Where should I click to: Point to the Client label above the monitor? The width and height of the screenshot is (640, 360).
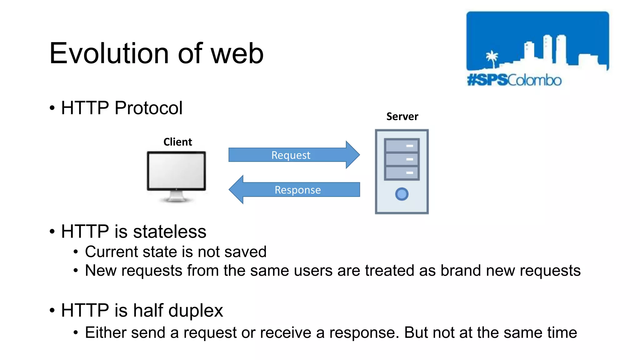pyautogui.click(x=177, y=142)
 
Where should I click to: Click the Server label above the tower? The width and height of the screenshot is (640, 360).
pyautogui.click(x=402, y=117)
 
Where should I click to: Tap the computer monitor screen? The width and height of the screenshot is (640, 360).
pyautogui.click(x=177, y=170)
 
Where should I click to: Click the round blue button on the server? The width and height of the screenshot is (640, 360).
pyautogui.click(x=402, y=194)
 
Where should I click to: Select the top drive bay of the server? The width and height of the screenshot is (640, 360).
pyautogui.click(x=402, y=146)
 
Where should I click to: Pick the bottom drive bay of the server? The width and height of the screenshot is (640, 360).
pyautogui.click(x=402, y=173)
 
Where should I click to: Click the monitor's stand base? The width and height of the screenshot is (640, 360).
pyautogui.click(x=177, y=199)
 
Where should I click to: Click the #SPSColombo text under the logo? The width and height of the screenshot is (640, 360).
pyautogui.click(x=514, y=80)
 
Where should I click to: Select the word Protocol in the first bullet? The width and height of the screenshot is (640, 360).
pyautogui.click(x=148, y=108)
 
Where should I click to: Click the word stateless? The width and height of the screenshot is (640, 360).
pyautogui.click(x=170, y=232)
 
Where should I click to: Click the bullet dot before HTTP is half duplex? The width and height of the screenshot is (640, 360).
pyautogui.click(x=52, y=311)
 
